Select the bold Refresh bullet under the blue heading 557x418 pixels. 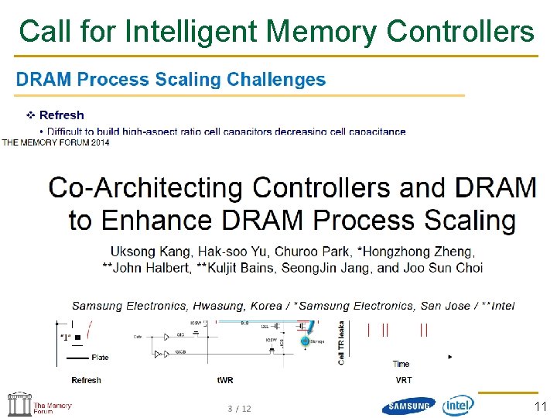pos(61,115)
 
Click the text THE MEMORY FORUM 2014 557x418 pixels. pos(56,142)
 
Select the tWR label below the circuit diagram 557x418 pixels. pos(225,380)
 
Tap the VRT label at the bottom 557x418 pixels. pos(404,380)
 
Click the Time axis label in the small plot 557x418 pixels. pos(401,364)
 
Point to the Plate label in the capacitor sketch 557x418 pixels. pos(100,358)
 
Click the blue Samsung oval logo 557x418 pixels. pos(409,406)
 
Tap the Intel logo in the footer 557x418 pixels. pos(459,405)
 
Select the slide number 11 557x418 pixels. pos(540,406)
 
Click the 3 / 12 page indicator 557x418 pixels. pos(239,408)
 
